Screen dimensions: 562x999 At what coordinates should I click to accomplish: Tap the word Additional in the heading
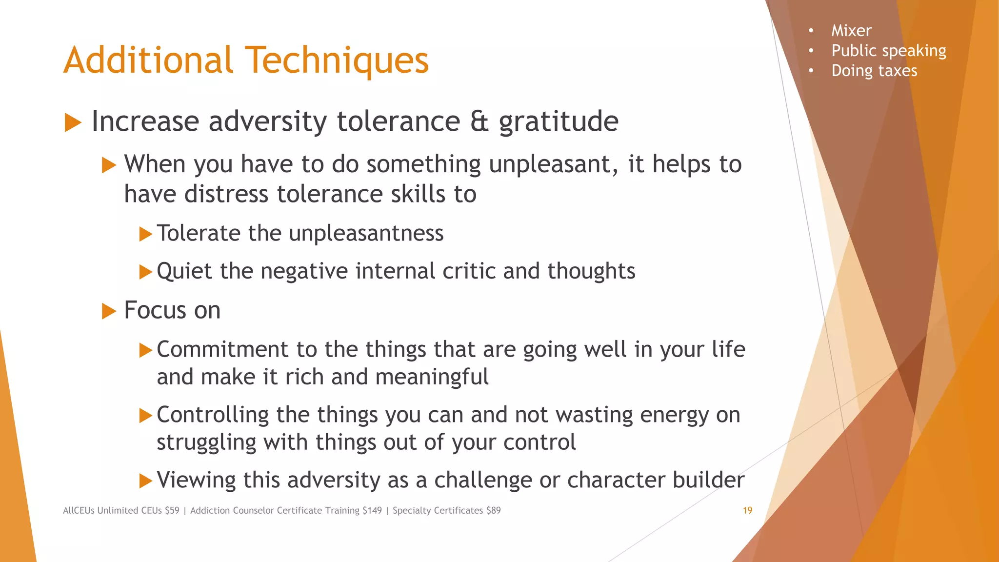(x=148, y=60)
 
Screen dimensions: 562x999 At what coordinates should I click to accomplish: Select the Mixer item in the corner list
(x=851, y=31)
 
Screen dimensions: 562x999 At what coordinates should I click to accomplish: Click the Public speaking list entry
(x=888, y=51)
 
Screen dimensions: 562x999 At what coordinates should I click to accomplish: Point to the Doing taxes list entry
(x=874, y=71)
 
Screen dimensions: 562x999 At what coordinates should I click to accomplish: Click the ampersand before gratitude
(x=480, y=121)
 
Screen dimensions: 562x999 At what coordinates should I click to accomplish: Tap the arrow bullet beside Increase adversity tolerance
(x=73, y=122)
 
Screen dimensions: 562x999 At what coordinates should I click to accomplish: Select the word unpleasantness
(x=366, y=233)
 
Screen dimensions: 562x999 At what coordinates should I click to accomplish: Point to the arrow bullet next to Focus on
(x=109, y=311)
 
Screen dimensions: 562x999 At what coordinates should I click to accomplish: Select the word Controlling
(x=212, y=415)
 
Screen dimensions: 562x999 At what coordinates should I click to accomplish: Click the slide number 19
(x=747, y=510)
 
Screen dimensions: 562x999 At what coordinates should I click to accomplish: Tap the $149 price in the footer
(x=372, y=510)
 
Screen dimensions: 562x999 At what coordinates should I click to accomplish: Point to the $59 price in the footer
(x=172, y=510)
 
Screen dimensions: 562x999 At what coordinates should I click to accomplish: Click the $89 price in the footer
(x=493, y=510)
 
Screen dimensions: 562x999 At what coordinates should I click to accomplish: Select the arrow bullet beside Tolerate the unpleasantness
(x=145, y=234)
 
